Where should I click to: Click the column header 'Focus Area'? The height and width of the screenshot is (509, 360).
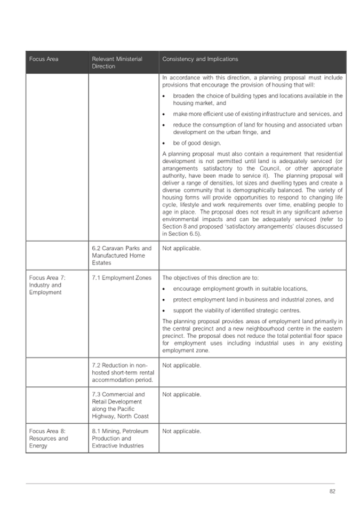point(44,59)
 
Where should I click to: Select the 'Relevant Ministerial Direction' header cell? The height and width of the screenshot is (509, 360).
point(117,62)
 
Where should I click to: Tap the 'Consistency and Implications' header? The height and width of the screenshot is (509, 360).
point(200,59)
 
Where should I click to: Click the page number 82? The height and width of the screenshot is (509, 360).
point(332,491)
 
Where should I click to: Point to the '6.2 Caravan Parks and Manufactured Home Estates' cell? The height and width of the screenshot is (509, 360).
point(122,256)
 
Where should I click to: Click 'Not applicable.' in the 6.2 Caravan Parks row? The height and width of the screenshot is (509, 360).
point(181,248)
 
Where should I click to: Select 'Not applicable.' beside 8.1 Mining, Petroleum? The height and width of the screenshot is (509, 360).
point(181,431)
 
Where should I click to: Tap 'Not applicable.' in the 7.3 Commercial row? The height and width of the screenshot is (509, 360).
point(181,394)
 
